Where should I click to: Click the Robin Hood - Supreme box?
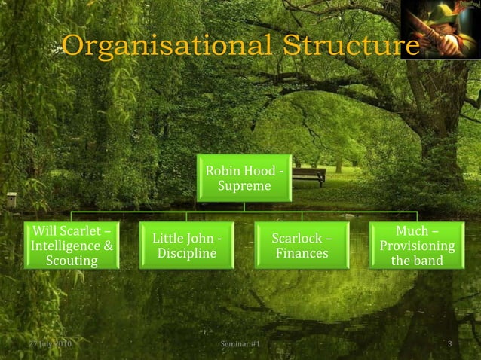tap(244, 178)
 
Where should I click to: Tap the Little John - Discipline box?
tap(187, 246)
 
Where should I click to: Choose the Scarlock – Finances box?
tap(302, 246)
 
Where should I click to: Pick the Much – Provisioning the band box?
tap(417, 245)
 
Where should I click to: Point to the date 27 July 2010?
tap(50, 345)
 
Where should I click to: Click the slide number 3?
tap(449, 345)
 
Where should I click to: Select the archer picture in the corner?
tap(440, 29)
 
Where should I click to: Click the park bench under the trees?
tap(308, 176)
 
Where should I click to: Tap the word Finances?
tap(302, 253)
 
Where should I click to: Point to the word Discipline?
tap(187, 253)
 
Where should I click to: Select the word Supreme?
tap(244, 185)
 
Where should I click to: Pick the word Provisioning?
tap(417, 246)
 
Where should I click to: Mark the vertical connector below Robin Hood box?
tap(244, 208)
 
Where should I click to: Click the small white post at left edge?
tap(11, 200)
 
